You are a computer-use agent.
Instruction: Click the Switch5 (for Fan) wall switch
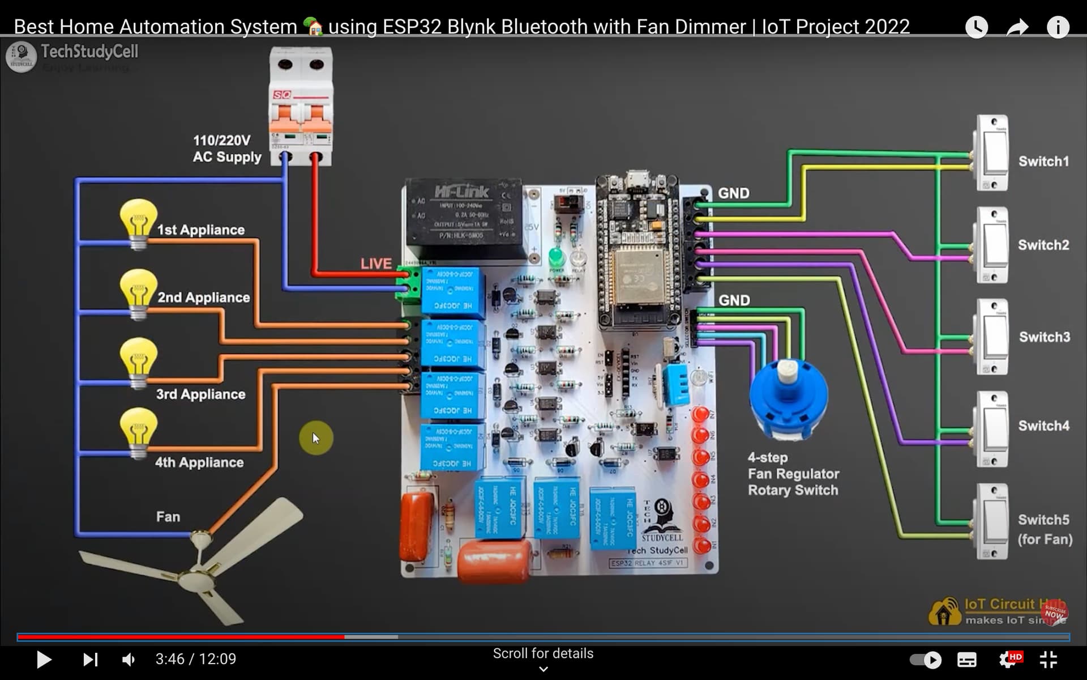[x=992, y=521]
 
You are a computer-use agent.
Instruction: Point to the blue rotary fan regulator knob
[x=788, y=397]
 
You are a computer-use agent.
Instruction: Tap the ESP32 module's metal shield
[x=639, y=277]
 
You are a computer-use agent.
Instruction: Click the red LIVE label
[x=376, y=263]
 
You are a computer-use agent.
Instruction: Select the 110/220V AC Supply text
[x=226, y=148]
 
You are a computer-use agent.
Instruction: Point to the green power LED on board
[x=557, y=258]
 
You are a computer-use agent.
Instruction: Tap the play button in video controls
[x=44, y=659]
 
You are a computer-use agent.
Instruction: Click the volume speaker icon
[x=129, y=659]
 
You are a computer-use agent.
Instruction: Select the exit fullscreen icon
[x=1049, y=659]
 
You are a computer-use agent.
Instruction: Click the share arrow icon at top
[x=1017, y=27]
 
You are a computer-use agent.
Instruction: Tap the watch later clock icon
[x=976, y=27]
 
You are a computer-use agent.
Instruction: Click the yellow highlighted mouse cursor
[x=316, y=438]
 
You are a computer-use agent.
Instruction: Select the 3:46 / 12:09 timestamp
[x=196, y=659]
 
